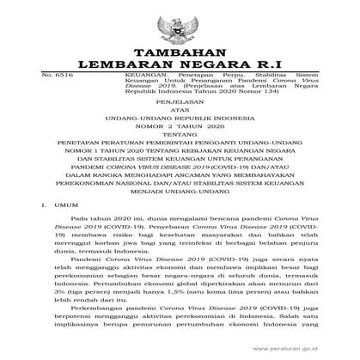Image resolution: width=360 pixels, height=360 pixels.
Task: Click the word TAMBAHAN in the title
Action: (180, 49)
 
